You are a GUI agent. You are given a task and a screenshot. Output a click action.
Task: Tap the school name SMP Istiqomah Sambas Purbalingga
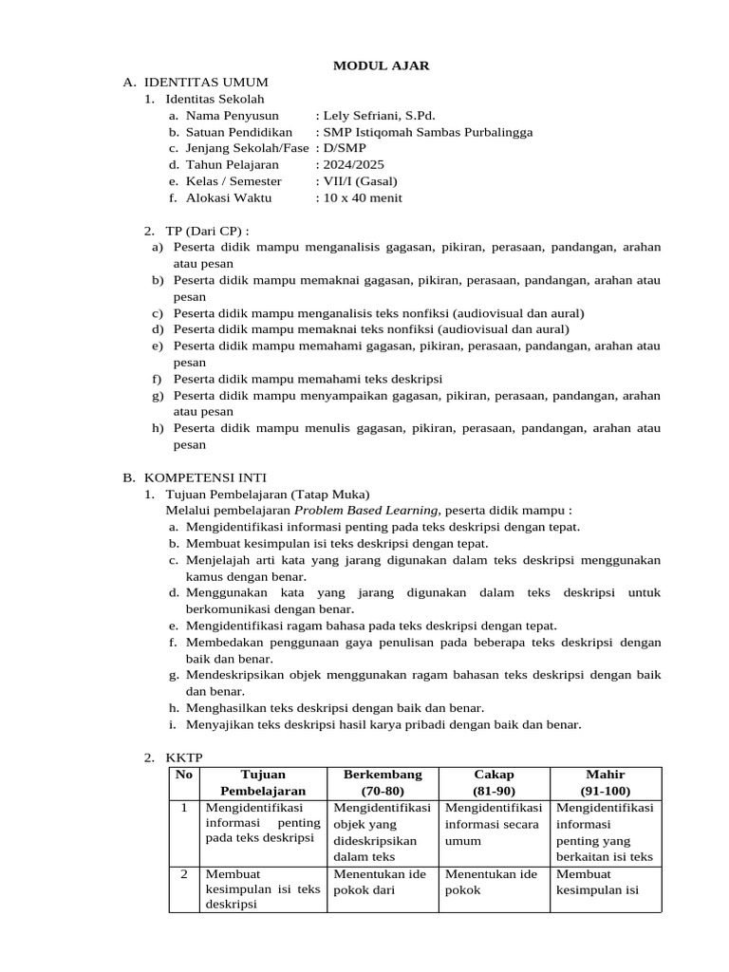[427, 132]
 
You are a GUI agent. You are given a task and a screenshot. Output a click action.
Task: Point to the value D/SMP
[344, 148]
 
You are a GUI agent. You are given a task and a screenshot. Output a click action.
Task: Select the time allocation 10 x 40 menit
[362, 197]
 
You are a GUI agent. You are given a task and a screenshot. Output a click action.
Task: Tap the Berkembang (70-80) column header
[383, 782]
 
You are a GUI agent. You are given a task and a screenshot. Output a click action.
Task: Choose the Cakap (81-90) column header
[493, 782]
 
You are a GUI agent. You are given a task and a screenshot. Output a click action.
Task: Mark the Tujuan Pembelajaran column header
[263, 782]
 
